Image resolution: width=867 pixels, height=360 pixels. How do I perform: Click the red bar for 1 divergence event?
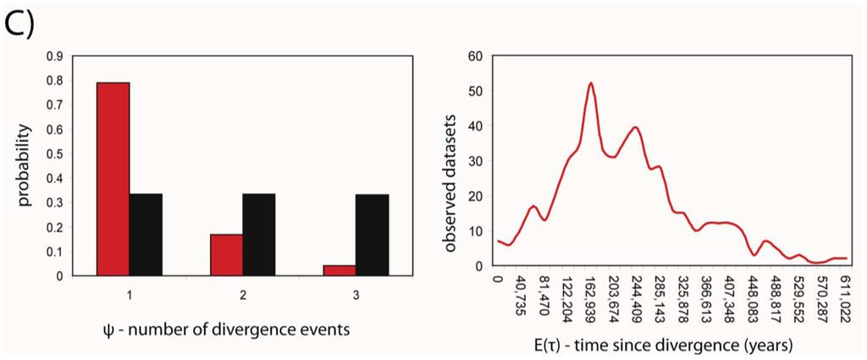113,179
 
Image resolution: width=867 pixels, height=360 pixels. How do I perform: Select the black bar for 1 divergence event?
146,235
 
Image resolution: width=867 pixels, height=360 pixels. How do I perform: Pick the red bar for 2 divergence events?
226,254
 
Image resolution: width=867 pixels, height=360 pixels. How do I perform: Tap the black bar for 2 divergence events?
258,235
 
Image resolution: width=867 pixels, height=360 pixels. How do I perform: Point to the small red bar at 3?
340,270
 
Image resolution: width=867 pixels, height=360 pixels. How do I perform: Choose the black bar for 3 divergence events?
372,235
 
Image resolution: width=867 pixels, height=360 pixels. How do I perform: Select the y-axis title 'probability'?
26,166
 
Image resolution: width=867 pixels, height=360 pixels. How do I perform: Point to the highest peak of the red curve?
590,83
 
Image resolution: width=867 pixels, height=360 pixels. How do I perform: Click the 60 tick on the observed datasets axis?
474,57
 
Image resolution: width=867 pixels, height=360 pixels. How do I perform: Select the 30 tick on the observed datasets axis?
474,161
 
